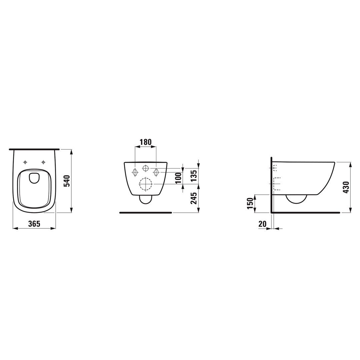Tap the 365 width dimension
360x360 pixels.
pos(34,224)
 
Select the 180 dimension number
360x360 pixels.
pos(146,142)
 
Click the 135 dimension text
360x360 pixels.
pos(194,176)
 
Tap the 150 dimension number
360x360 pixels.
pos(250,203)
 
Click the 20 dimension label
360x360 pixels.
pos(262,224)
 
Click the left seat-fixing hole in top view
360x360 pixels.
pos(25,162)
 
